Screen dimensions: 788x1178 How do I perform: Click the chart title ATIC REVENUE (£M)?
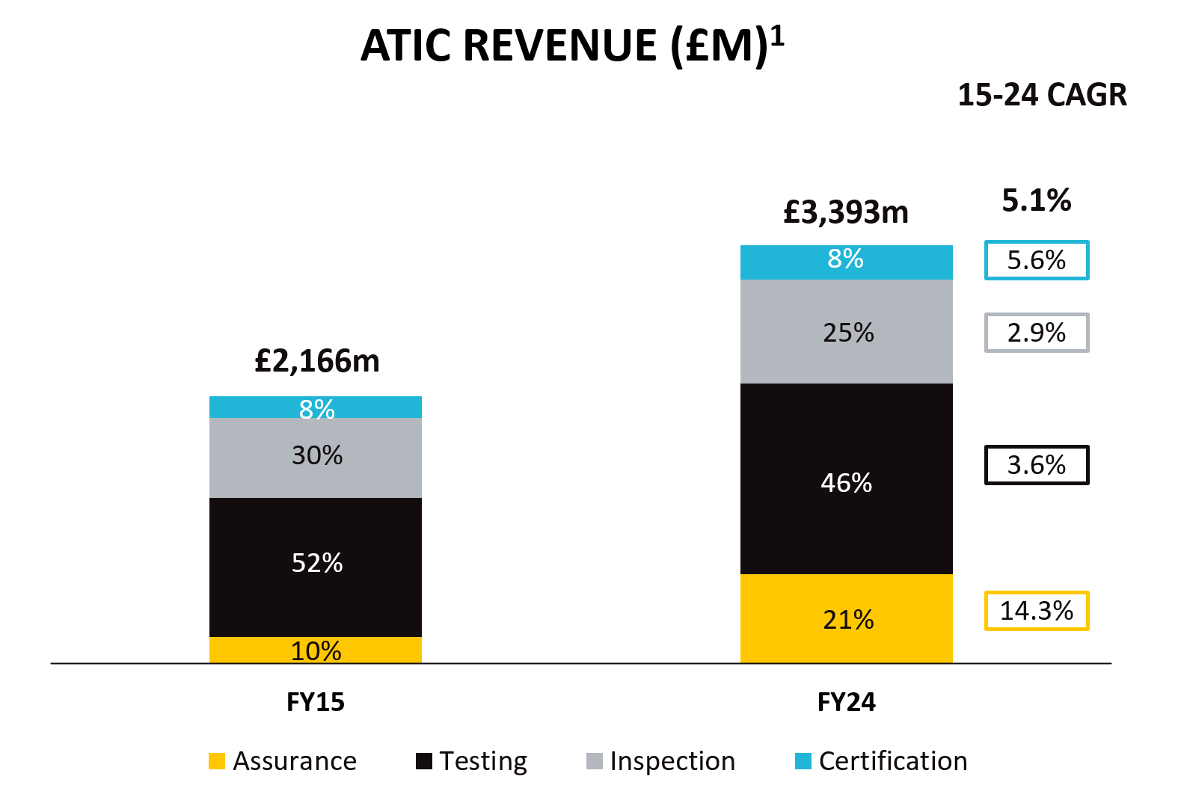point(572,46)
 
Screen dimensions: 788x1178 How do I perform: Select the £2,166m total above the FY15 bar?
point(317,361)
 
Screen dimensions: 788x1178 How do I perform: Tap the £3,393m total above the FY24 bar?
point(846,212)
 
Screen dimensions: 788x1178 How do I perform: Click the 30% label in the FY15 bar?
point(317,455)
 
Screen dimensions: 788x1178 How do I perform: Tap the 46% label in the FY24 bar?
point(846,483)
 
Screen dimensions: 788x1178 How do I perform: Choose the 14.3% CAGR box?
point(1036,611)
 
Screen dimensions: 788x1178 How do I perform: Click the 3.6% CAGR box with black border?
point(1036,465)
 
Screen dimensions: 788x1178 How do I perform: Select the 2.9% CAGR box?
point(1036,333)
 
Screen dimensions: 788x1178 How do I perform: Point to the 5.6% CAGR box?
point(1036,260)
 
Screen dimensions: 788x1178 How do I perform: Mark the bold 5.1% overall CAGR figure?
point(1037,200)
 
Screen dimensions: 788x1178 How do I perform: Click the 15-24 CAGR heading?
point(1042,95)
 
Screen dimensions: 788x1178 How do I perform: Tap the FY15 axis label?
point(316,702)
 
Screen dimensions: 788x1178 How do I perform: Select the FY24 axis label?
point(846,702)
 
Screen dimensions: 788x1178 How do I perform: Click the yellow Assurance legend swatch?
point(217,761)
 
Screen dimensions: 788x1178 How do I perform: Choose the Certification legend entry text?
point(893,761)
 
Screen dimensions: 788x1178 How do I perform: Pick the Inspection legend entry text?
point(672,761)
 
